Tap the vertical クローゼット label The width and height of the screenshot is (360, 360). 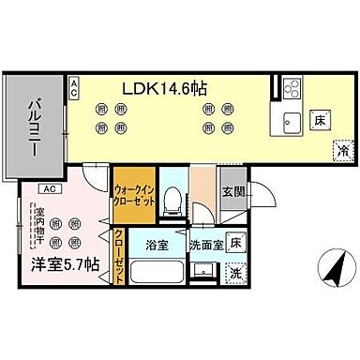coord(119,257)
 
